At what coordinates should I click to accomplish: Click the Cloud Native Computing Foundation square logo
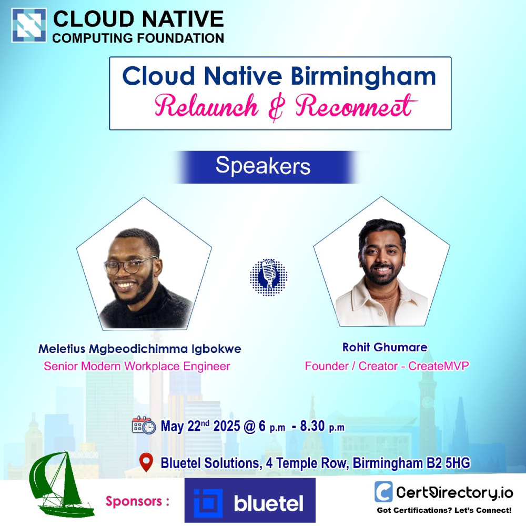tap(29, 25)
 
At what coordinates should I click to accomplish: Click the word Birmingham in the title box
tap(363, 76)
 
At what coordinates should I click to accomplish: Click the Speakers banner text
tap(263, 166)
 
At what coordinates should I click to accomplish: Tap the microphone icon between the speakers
tap(269, 277)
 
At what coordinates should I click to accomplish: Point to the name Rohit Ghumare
tap(385, 347)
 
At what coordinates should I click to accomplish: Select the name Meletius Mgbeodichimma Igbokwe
tap(139, 349)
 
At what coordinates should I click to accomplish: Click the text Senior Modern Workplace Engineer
tap(137, 366)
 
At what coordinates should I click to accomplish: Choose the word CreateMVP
tap(439, 366)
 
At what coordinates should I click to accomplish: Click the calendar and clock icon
tap(144, 426)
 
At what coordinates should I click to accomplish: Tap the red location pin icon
tap(146, 462)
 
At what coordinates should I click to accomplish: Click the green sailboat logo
tap(60, 483)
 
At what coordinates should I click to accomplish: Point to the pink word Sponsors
tap(134, 501)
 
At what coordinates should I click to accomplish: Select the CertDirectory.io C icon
tap(383, 492)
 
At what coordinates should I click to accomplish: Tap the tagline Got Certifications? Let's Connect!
tap(444, 510)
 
